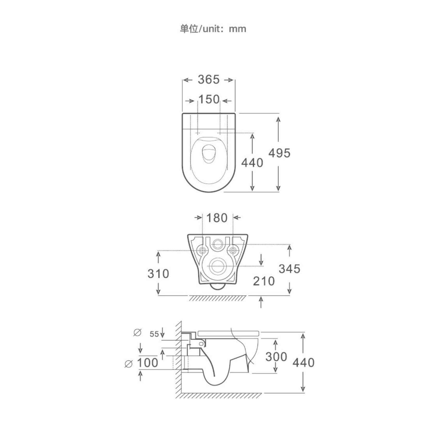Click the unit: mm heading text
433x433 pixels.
point(213,29)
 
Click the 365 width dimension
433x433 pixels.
point(209,80)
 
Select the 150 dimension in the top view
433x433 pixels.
point(209,99)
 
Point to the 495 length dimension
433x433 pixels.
point(279,153)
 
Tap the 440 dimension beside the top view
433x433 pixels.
point(252,163)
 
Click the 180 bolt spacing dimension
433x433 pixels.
point(217,218)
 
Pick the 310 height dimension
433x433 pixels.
point(158,274)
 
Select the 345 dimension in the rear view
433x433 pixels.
point(290,269)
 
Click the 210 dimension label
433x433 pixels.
point(264,281)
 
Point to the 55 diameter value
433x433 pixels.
point(154,334)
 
